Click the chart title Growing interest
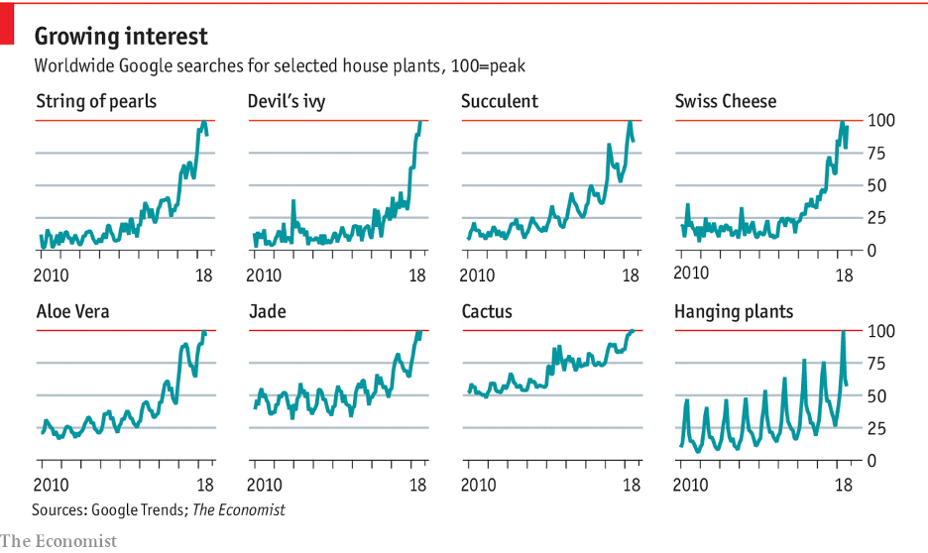122,37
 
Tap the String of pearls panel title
96,101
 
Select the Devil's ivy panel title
287,101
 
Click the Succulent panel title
500,101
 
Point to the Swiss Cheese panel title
726,101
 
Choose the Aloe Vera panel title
72,312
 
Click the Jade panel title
267,312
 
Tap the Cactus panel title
487,312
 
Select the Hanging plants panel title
734,312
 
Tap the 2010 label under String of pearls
53,275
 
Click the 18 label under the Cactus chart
631,486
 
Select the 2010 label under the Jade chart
266,486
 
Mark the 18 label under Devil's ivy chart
418,275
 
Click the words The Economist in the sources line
238,509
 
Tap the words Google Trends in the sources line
137,509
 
